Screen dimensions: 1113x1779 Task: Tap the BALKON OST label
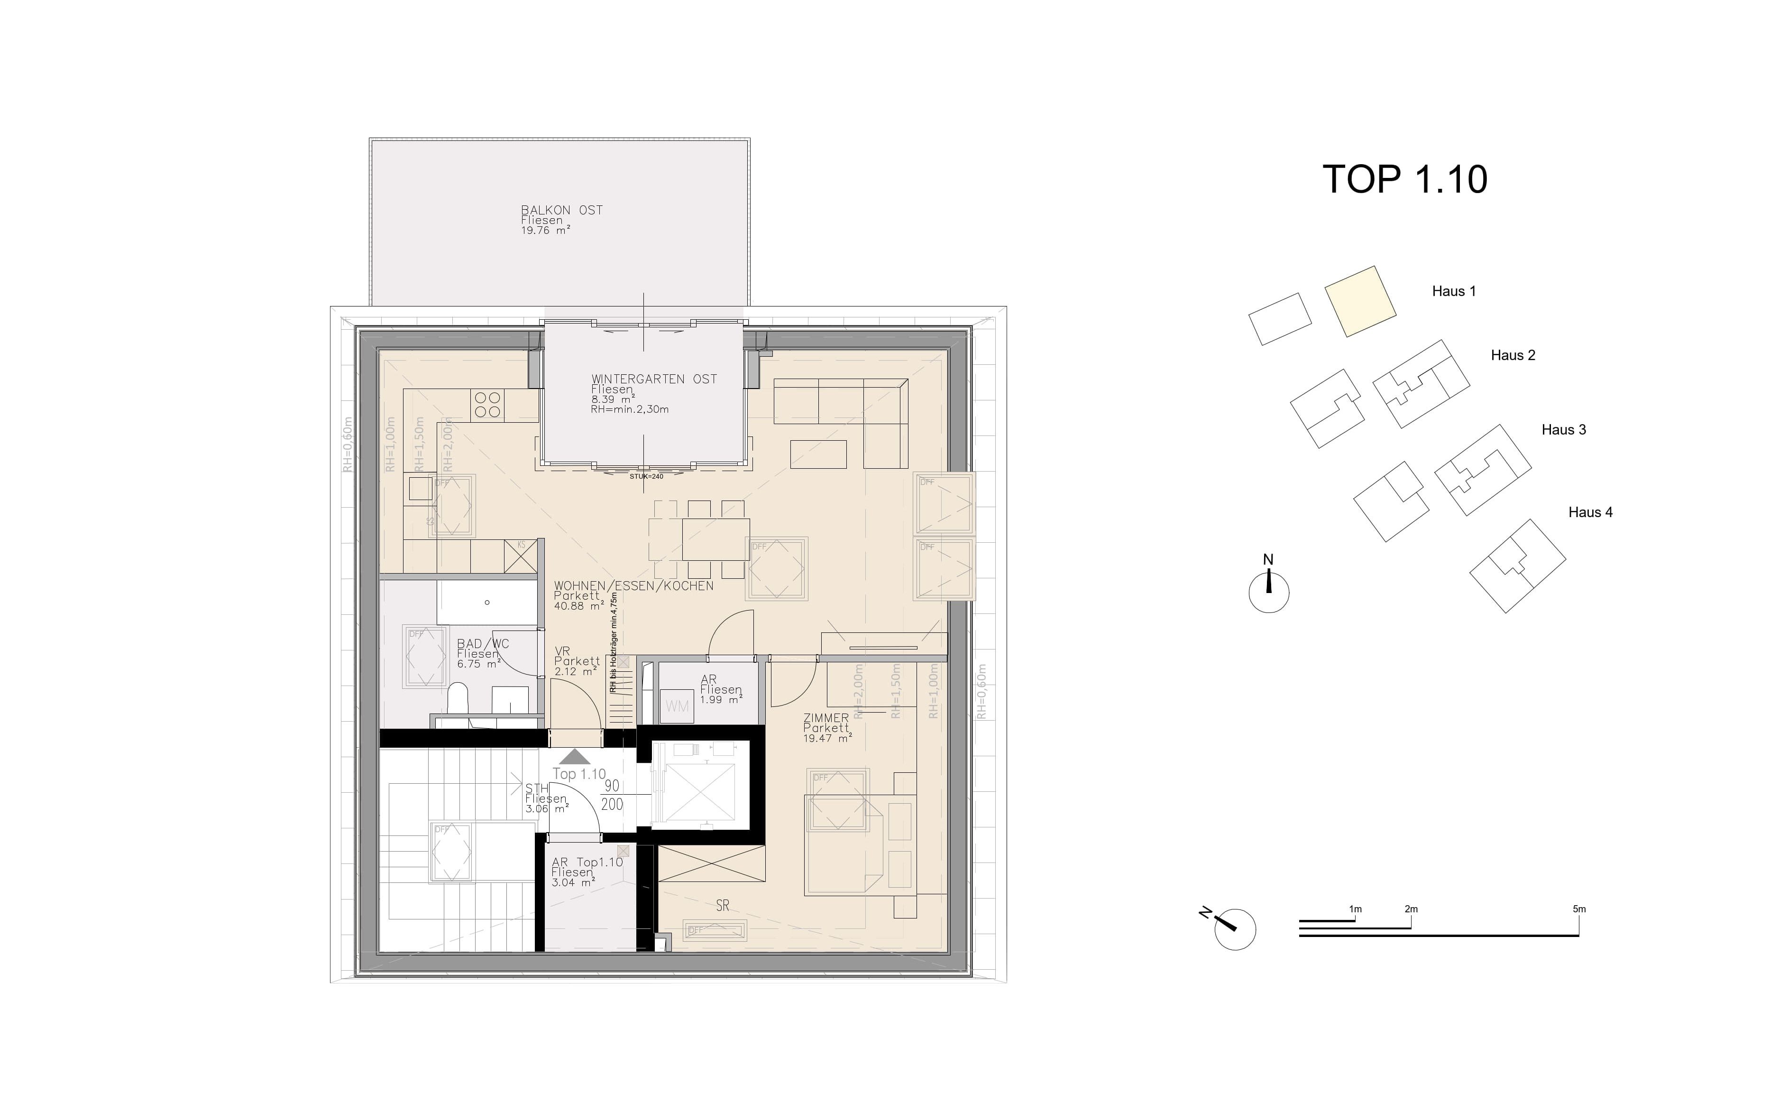[x=561, y=211]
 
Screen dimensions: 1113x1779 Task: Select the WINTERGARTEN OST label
[x=653, y=379]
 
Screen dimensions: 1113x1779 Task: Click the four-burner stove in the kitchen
[x=487, y=404]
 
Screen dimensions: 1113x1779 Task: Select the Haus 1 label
[x=1453, y=291]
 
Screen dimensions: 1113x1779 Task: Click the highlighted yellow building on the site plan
[x=1360, y=301]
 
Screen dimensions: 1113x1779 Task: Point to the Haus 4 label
[x=1590, y=512]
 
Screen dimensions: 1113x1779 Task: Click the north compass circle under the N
[x=1268, y=593]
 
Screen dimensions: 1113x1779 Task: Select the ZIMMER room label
[x=825, y=718]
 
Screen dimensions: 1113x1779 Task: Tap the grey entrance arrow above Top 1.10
[x=575, y=757]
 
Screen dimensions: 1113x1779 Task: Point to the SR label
[x=723, y=906]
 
